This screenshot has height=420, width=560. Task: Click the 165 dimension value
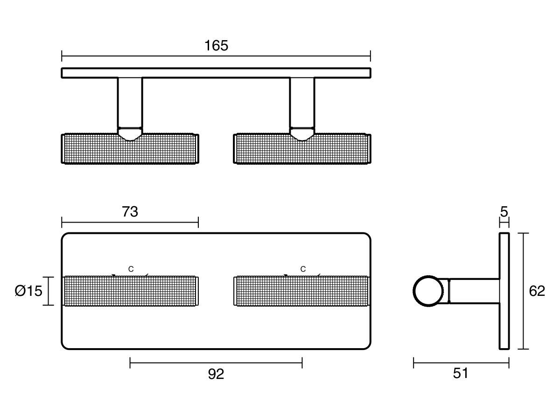click(x=216, y=46)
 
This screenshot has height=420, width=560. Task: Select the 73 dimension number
click(x=130, y=212)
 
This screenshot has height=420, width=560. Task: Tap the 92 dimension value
click(x=216, y=374)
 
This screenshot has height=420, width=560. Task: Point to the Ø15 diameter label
click(x=28, y=291)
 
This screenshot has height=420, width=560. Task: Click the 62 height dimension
click(x=537, y=291)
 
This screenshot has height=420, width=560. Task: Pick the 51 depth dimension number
click(x=461, y=373)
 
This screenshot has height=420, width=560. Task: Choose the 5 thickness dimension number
click(x=504, y=212)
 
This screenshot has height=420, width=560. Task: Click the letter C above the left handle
click(x=131, y=269)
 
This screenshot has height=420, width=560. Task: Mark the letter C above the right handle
click(x=303, y=269)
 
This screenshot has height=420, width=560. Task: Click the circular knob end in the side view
click(x=428, y=291)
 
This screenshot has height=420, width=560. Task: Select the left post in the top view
click(x=130, y=103)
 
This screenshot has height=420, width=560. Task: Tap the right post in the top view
click(x=302, y=103)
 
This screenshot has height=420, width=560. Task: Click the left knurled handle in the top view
click(x=130, y=149)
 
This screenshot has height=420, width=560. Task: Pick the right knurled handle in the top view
click(x=302, y=149)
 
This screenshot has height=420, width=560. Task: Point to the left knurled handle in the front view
click(x=130, y=291)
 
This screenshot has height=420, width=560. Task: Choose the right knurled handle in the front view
click(x=302, y=291)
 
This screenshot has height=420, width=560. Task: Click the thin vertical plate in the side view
click(x=504, y=291)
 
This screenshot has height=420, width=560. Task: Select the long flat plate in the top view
click(x=216, y=73)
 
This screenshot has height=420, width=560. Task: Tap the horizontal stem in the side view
click(x=474, y=291)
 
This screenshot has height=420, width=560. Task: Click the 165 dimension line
click(x=216, y=56)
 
